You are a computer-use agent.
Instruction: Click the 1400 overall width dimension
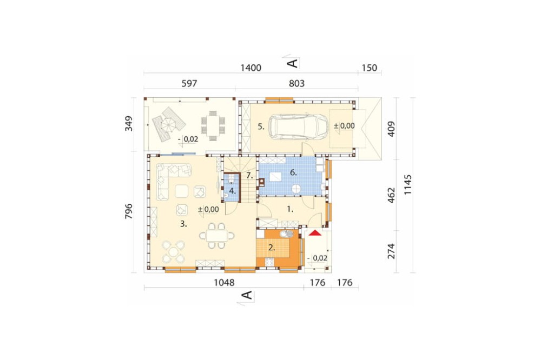click(251, 68)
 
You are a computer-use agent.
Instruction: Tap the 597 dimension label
click(189, 83)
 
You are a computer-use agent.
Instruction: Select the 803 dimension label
click(296, 83)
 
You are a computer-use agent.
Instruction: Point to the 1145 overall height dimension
click(408, 184)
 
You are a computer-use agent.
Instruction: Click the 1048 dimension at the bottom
click(224, 282)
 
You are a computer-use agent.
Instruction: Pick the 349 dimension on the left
click(129, 123)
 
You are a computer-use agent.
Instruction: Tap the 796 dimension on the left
click(128, 211)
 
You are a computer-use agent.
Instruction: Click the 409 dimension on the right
click(391, 129)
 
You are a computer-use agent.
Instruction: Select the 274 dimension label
click(391, 251)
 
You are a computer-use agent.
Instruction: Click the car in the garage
click(298, 127)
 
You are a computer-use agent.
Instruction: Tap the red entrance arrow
click(315, 233)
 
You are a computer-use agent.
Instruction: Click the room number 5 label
click(261, 126)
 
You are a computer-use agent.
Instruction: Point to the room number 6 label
click(293, 173)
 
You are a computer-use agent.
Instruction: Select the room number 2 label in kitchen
click(272, 247)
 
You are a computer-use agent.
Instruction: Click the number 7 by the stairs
click(249, 176)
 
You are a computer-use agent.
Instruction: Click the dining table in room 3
click(217, 236)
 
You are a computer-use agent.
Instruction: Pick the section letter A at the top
click(292, 63)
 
